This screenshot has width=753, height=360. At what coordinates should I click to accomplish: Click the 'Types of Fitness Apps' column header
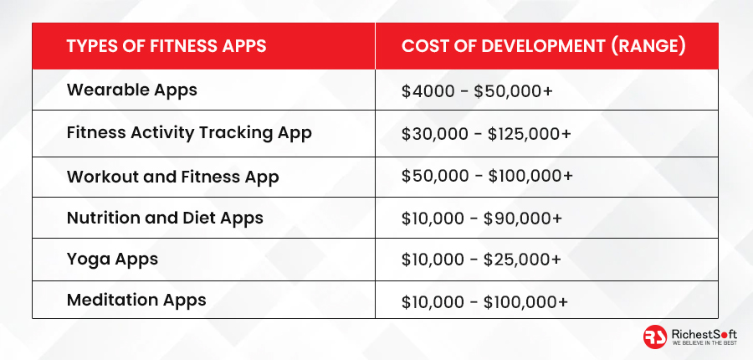(x=166, y=46)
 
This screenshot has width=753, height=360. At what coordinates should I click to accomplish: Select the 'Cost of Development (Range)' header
(x=543, y=46)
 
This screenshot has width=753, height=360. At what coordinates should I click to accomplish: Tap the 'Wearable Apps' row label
(x=132, y=90)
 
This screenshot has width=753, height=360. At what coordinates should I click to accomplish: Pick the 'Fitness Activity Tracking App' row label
(x=189, y=133)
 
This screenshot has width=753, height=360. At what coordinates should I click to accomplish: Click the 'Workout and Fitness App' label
(x=173, y=177)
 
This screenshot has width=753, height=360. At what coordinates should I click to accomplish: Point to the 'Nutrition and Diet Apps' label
(x=165, y=219)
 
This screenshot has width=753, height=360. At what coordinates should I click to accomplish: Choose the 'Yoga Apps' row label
(x=112, y=260)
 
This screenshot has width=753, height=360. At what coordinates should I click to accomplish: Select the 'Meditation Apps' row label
(x=136, y=301)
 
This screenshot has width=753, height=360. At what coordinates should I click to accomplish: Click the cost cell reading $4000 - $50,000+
(x=478, y=91)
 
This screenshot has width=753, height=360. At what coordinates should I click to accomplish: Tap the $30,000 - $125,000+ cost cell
(x=486, y=134)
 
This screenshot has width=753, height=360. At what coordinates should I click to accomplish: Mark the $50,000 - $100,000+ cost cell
(x=488, y=176)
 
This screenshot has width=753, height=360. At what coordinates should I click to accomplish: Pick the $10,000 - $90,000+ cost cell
(x=482, y=219)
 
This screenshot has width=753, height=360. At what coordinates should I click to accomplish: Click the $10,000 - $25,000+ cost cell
(x=481, y=260)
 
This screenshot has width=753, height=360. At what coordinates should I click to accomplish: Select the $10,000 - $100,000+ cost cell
(x=485, y=302)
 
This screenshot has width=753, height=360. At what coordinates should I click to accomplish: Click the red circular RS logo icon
(x=655, y=337)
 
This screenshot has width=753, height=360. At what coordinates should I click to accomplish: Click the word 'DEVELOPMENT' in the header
(x=543, y=46)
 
